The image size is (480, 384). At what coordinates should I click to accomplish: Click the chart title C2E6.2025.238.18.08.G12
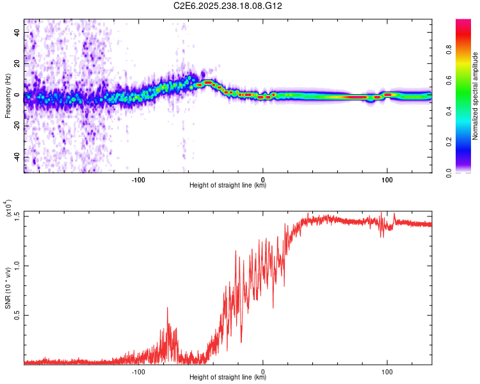click(x=228, y=6)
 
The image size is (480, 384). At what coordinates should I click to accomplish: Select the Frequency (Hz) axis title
click(x=8, y=96)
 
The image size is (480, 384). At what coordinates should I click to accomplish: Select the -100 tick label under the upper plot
click(x=138, y=179)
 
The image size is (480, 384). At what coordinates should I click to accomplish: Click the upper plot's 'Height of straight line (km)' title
click(x=228, y=186)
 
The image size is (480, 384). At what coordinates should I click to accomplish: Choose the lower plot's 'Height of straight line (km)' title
click(x=228, y=378)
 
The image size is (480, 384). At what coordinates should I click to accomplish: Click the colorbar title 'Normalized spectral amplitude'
click(x=476, y=96)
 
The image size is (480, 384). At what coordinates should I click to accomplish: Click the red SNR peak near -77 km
click(x=168, y=308)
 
